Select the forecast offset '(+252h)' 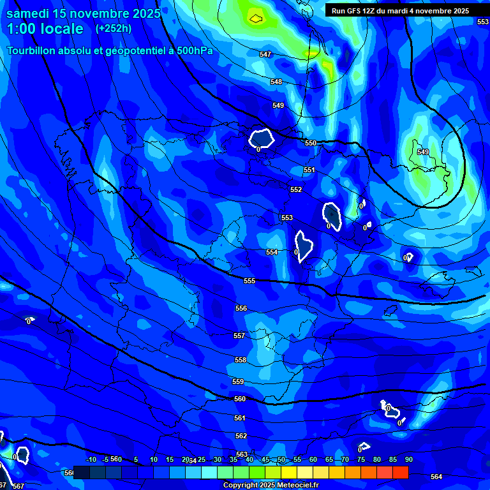113,29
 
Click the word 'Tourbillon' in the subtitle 34,50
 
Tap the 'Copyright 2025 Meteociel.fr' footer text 271,486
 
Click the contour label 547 265,54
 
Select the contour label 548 276,82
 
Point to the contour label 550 311,143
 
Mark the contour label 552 296,189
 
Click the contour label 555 249,281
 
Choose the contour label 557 239,336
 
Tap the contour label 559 238,382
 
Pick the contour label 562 241,436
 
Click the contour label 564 436,477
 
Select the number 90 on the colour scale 408,459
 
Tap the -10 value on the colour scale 91,459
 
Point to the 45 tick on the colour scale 265,459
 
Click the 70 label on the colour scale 345,459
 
